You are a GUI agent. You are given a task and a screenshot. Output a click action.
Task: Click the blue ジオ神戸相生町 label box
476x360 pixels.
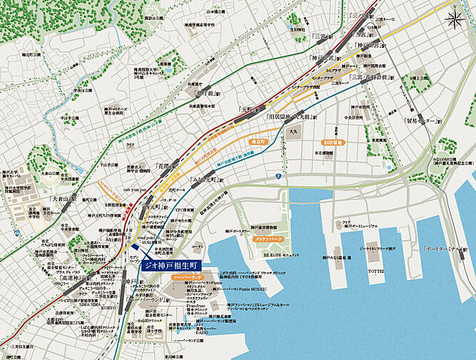coord(171,264)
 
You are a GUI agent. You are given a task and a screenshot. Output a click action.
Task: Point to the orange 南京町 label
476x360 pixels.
coord(257,143)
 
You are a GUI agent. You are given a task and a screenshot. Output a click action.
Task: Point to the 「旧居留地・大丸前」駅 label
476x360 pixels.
coord(290,116)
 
